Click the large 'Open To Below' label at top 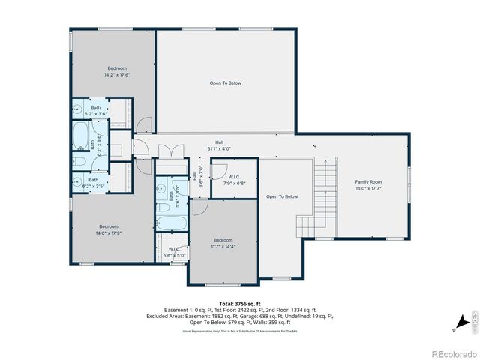pos(225,83)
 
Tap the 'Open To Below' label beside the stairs pos(282,196)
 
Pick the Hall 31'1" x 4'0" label pos(220,145)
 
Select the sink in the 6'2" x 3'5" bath pos(79,180)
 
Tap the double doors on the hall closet pos(166,152)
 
